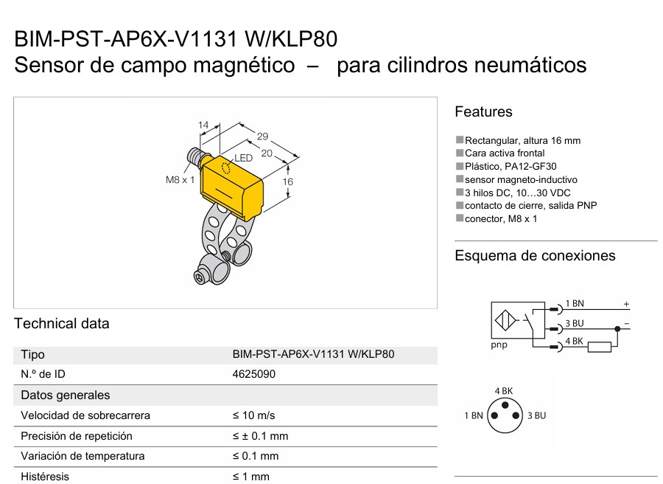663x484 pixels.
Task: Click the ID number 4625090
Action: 253,374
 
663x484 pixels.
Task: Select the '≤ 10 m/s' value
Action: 253,415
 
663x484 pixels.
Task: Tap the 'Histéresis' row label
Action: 45,477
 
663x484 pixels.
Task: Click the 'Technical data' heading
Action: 62,323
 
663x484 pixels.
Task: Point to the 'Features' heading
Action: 483,112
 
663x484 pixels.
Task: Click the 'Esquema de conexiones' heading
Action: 535,256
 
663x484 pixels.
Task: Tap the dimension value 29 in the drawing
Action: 262,136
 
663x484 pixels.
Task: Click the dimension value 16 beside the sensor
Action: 287,181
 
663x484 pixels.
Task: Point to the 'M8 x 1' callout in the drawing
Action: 180,180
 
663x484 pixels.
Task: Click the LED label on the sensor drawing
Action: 244,159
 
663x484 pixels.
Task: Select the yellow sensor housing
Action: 232,187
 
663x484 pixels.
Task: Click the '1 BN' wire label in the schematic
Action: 575,304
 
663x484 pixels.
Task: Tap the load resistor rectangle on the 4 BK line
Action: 600,348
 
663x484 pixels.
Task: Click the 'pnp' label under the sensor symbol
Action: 499,345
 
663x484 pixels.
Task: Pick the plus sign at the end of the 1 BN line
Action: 626,304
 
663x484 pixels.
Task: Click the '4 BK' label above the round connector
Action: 504,391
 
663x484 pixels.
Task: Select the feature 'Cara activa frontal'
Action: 505,153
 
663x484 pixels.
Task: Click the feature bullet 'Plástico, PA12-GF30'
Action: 511,167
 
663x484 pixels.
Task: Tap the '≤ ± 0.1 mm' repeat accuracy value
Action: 261,436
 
